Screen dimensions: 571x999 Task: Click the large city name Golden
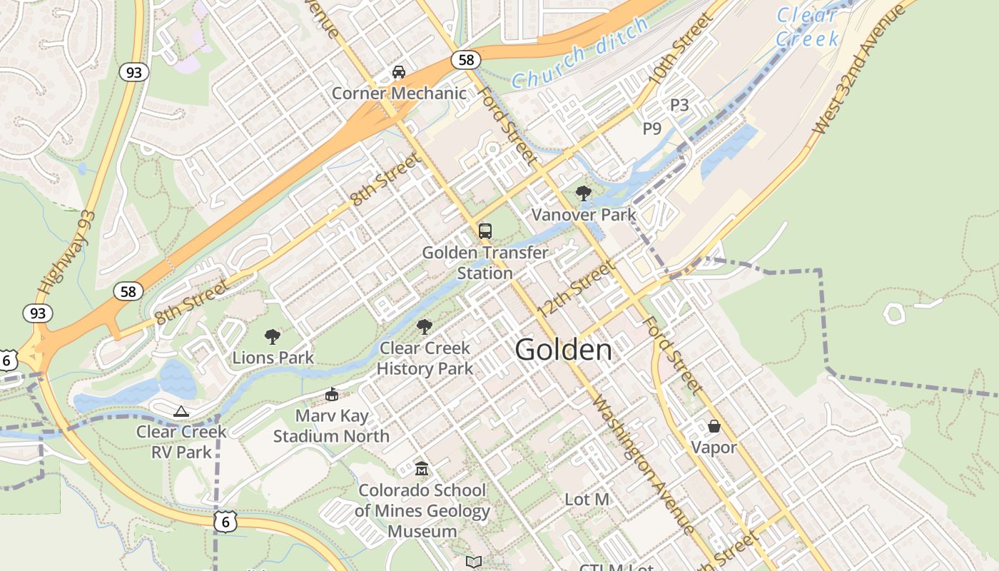point(563,350)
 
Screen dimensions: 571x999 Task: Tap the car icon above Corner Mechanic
point(399,72)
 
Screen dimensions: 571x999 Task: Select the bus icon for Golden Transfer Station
point(485,231)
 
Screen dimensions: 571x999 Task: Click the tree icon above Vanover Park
point(583,193)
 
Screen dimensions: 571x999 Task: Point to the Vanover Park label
point(583,214)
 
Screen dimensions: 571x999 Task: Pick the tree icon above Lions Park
point(272,337)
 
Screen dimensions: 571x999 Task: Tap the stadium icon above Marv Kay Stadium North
point(331,394)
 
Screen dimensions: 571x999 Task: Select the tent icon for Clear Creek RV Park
point(181,411)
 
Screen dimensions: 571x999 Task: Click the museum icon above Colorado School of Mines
point(422,469)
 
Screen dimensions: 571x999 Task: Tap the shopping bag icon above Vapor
point(714,426)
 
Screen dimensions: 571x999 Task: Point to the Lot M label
point(587,500)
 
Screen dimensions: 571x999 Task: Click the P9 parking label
point(652,128)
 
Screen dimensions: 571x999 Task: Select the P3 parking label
point(679,105)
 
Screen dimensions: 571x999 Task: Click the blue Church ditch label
point(579,54)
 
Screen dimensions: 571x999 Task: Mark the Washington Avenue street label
point(642,464)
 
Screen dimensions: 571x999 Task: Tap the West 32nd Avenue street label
point(862,68)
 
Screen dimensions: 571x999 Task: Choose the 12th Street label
point(577,290)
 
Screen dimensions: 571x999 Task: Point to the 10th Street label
point(681,49)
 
